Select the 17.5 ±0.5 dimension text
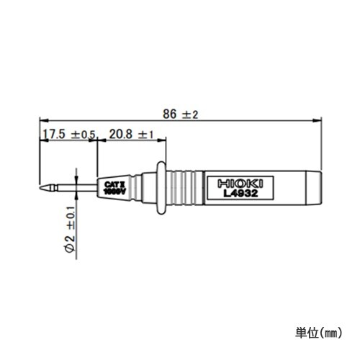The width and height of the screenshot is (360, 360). coord(68,135)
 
